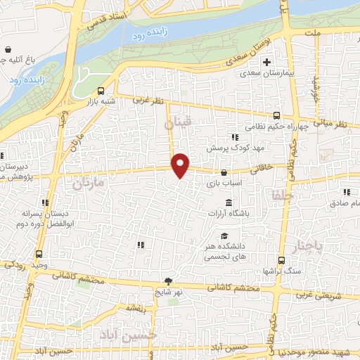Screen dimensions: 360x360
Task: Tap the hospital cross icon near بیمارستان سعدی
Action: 266,62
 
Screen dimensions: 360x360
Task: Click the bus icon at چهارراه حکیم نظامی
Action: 276,117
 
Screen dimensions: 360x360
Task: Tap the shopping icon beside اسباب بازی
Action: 224,172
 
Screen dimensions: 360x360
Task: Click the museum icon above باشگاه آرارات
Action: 229,203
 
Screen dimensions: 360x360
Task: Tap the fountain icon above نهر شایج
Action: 167,281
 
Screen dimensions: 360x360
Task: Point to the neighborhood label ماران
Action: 88,185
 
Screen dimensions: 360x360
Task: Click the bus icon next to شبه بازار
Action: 101,91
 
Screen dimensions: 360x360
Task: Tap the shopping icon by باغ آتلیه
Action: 7,50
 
